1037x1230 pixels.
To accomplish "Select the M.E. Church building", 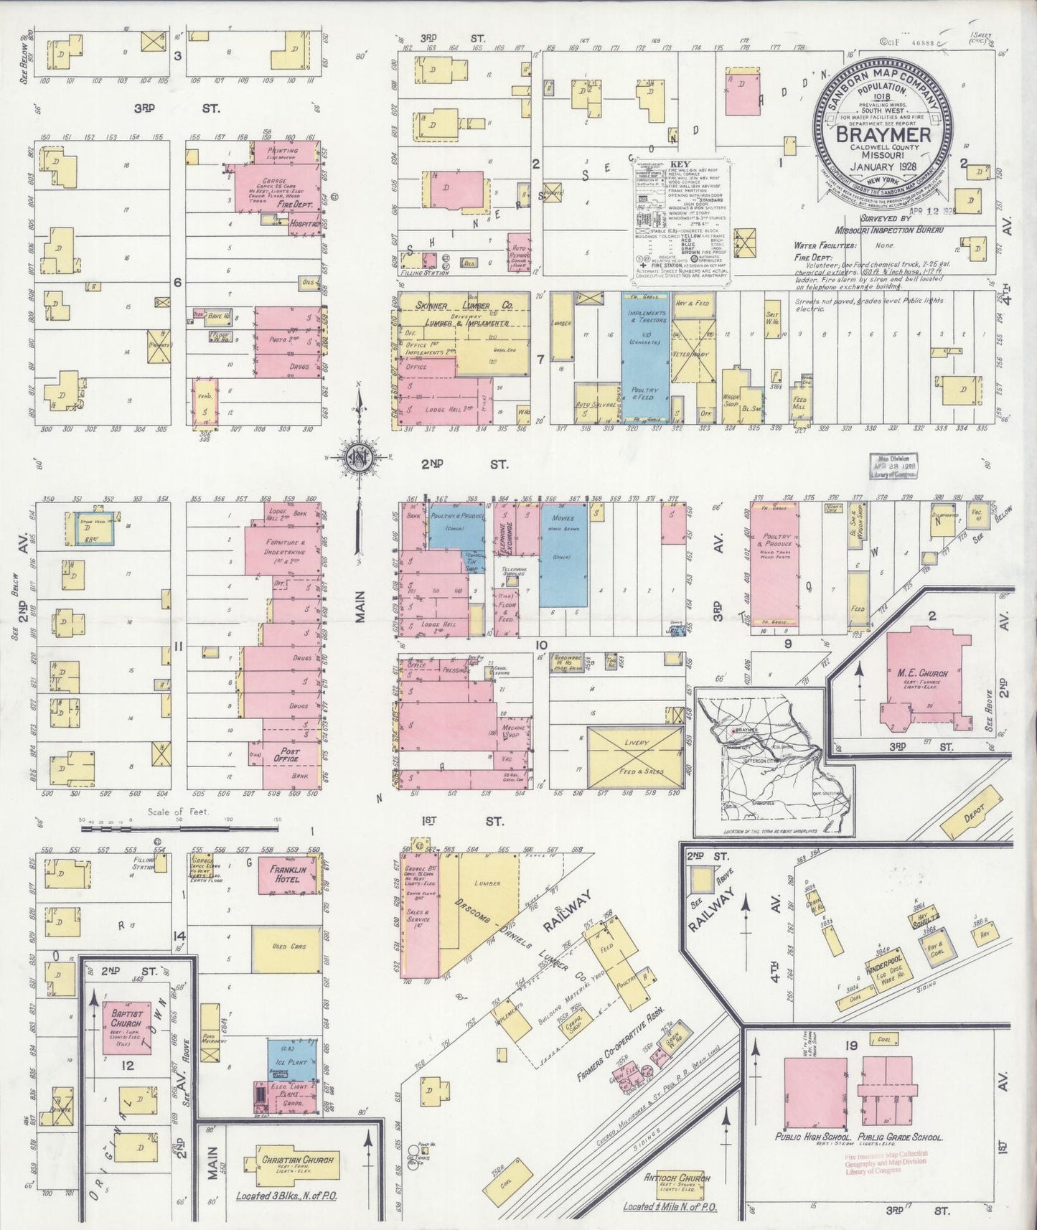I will [923, 675].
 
